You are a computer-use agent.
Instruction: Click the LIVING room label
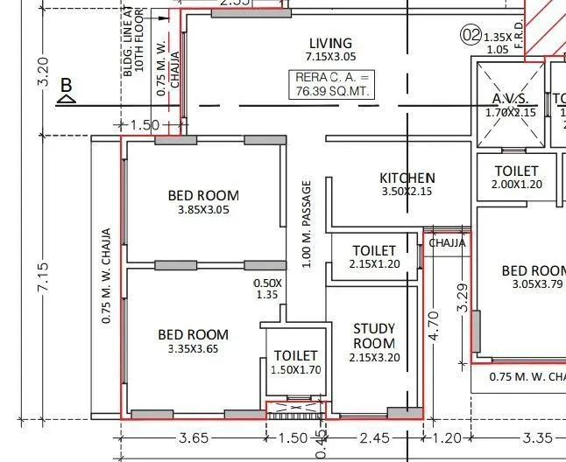pyautogui.click(x=330, y=43)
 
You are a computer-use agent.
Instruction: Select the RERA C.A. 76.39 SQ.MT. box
pyautogui.click(x=330, y=85)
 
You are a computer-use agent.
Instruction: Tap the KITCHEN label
pyautogui.click(x=407, y=178)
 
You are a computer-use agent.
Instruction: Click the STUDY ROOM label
pyautogui.click(x=374, y=336)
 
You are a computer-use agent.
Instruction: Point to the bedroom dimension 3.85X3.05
pyautogui.click(x=203, y=209)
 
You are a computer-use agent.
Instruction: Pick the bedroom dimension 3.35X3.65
pyautogui.click(x=193, y=349)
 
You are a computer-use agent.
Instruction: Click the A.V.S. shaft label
pyautogui.click(x=509, y=99)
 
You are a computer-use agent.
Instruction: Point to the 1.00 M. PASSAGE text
pyautogui.click(x=307, y=225)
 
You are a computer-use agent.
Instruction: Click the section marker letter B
pyautogui.click(x=65, y=86)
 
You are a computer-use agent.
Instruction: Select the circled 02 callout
pyautogui.click(x=471, y=35)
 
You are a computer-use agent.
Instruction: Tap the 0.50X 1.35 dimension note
pyautogui.click(x=267, y=289)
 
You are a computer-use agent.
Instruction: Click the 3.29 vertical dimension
pyautogui.click(x=463, y=297)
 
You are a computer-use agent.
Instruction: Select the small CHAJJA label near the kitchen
pyautogui.click(x=447, y=243)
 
